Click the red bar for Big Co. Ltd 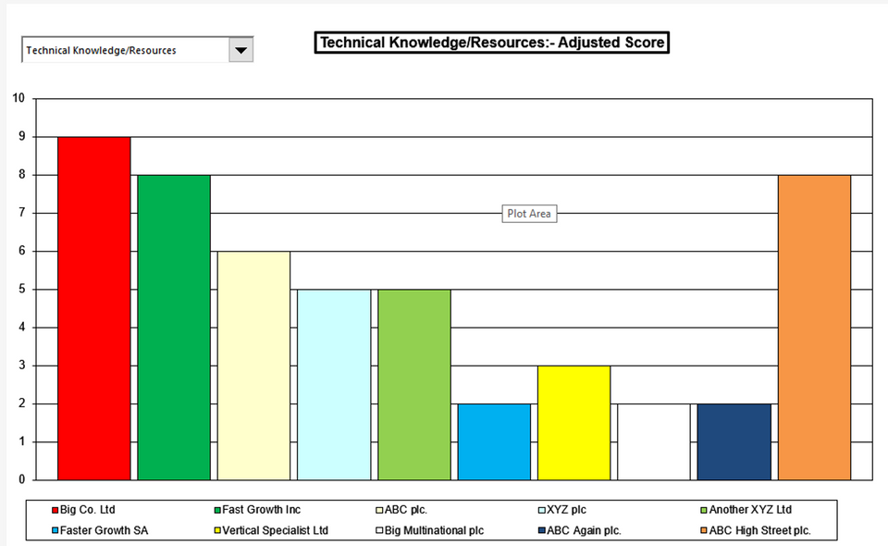94,308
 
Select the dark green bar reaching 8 174,327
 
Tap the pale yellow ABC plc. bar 253,366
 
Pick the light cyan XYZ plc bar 334,384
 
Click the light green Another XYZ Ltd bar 414,384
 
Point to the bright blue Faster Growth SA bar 494,441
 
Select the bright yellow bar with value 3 573,423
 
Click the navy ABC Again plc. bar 734,441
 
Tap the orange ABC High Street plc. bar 814,327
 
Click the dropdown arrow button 240,50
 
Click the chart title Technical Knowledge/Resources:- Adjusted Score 491,43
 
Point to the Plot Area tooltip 529,214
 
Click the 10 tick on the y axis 18,98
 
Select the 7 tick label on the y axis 21,213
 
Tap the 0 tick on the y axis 21,479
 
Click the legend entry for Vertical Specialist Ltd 281,531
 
